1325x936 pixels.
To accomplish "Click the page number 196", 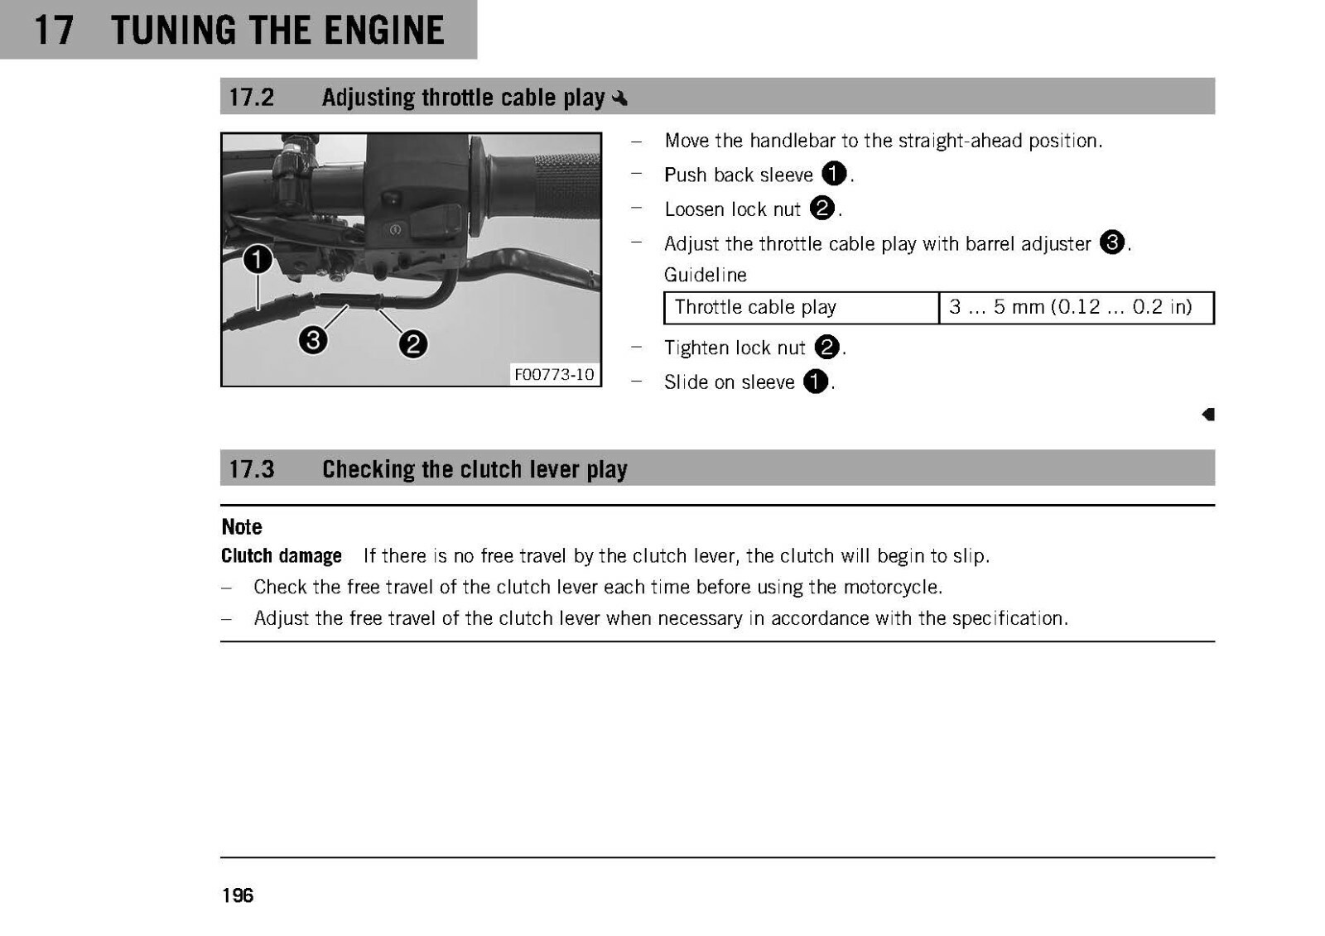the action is click(238, 895).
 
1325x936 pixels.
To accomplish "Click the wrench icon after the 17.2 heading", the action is click(619, 98).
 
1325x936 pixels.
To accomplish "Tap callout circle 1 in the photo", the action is click(258, 259).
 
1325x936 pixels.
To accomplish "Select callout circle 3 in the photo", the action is click(314, 340).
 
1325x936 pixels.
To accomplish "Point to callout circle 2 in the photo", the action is click(413, 344).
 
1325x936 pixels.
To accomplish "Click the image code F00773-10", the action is click(554, 374).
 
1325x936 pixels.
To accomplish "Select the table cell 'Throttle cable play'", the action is click(802, 308).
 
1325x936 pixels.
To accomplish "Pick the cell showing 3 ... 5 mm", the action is click(1077, 308).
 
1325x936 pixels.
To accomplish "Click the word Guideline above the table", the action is click(705, 275).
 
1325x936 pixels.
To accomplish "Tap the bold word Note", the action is click(241, 527).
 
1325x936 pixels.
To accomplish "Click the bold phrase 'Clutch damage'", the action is click(282, 556).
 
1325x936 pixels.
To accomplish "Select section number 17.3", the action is click(252, 469).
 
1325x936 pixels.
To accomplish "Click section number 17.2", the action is click(252, 98).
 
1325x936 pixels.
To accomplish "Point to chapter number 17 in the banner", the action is click(54, 30).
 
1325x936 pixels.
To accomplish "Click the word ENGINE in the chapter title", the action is click(384, 30).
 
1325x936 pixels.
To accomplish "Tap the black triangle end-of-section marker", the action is click(1208, 415).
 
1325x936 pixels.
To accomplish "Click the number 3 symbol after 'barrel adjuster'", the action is click(1112, 242).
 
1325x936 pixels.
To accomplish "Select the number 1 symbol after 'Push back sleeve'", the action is click(834, 174).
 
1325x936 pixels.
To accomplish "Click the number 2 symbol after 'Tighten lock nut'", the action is click(827, 347).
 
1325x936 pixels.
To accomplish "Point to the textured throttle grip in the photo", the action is click(565, 185).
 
